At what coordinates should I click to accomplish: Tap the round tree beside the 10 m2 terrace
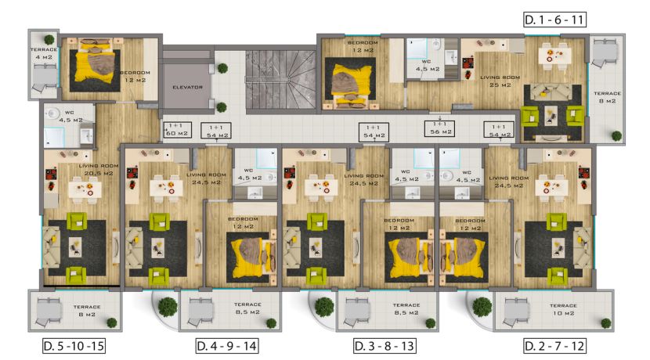478,306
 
